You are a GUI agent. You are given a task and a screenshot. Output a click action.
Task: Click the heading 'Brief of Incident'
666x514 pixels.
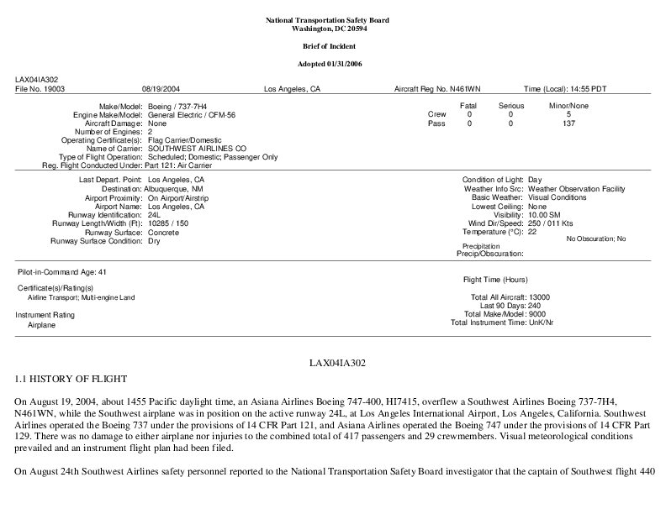point(333,45)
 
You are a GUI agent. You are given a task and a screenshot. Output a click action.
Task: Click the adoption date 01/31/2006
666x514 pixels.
point(350,64)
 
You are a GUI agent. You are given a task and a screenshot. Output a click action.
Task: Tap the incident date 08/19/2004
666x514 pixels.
point(161,88)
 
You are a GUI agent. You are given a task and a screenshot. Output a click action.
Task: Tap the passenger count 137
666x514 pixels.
point(568,123)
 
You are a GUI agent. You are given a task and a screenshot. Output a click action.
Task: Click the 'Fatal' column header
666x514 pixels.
point(468,106)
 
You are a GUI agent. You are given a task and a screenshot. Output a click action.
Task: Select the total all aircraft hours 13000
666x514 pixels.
point(538,297)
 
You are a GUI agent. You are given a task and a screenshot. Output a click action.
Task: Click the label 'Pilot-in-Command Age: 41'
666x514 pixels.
point(62,272)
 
